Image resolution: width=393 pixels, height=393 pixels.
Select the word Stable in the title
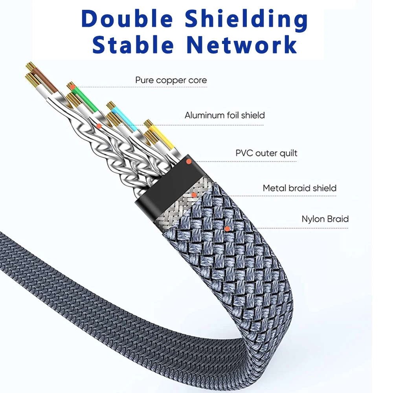point(132,45)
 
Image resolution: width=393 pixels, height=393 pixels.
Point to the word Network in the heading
point(242,45)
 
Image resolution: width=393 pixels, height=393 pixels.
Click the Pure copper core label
point(171,81)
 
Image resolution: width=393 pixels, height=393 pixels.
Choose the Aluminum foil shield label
point(224,116)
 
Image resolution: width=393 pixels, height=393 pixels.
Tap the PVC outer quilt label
point(266,153)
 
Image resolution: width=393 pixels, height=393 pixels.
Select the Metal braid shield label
point(299,188)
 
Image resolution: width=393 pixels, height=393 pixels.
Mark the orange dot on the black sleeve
point(189,162)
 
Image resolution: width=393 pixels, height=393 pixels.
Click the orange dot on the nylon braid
point(227,228)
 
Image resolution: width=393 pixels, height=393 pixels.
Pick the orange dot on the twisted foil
point(99,126)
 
